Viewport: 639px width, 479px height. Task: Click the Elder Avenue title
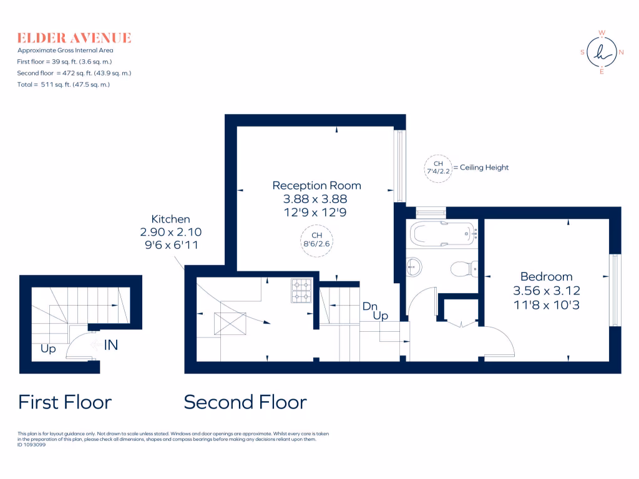pos(74,38)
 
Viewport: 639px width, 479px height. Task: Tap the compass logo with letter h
pos(602,52)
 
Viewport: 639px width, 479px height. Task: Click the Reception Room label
pos(316,185)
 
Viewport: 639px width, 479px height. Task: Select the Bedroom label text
pos(546,276)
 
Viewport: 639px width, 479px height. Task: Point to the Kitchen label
pos(170,219)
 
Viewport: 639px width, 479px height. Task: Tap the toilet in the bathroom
pos(462,269)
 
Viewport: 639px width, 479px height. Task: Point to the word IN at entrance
pos(110,344)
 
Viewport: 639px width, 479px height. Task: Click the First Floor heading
pos(65,402)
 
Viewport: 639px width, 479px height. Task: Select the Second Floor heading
pos(245,402)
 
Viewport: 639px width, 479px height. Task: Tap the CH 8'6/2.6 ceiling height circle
pos(316,239)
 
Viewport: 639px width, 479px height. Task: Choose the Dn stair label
pos(370,306)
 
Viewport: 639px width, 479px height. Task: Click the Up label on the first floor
pos(48,349)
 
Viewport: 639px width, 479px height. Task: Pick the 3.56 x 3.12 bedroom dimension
pos(546,290)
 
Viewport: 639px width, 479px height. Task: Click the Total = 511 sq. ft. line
pos(64,84)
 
